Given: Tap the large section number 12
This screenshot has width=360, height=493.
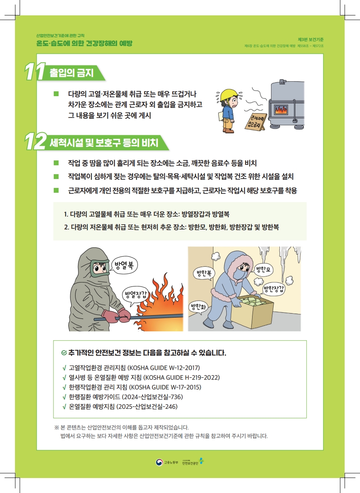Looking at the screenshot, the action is pos(36,141).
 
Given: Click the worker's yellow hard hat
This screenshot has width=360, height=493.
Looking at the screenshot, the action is pos(229,95).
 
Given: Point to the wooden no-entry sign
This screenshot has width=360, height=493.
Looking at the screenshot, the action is pos(256,121).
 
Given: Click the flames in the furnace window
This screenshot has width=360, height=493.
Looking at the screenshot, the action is pos(281,110).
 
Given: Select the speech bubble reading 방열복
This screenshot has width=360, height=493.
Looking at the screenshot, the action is pos(124,265).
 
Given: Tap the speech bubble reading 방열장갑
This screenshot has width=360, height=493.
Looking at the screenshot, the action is pos(135,295).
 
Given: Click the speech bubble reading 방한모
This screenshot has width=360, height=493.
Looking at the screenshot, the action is pos(263,270).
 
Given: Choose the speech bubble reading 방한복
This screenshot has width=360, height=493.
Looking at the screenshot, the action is pos(204,274).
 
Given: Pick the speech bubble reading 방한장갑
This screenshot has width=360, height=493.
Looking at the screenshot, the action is pos(274,289).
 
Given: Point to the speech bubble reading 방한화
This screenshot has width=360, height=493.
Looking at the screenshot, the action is pos(198,307).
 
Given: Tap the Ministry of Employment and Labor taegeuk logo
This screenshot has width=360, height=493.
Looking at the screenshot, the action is pos(159,462).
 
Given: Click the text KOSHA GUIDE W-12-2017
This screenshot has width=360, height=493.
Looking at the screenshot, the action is pos(164,368).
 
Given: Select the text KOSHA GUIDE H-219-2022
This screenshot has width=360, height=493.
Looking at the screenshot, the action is pos(181,377).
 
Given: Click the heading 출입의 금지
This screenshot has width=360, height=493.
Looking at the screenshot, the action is pos(72,73).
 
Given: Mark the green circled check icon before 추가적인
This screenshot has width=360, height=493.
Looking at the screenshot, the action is pos(64,353).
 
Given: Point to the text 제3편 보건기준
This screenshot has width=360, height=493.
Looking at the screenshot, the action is pos(310,40).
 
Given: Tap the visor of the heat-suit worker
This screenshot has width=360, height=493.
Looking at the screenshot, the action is pos(100,268).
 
